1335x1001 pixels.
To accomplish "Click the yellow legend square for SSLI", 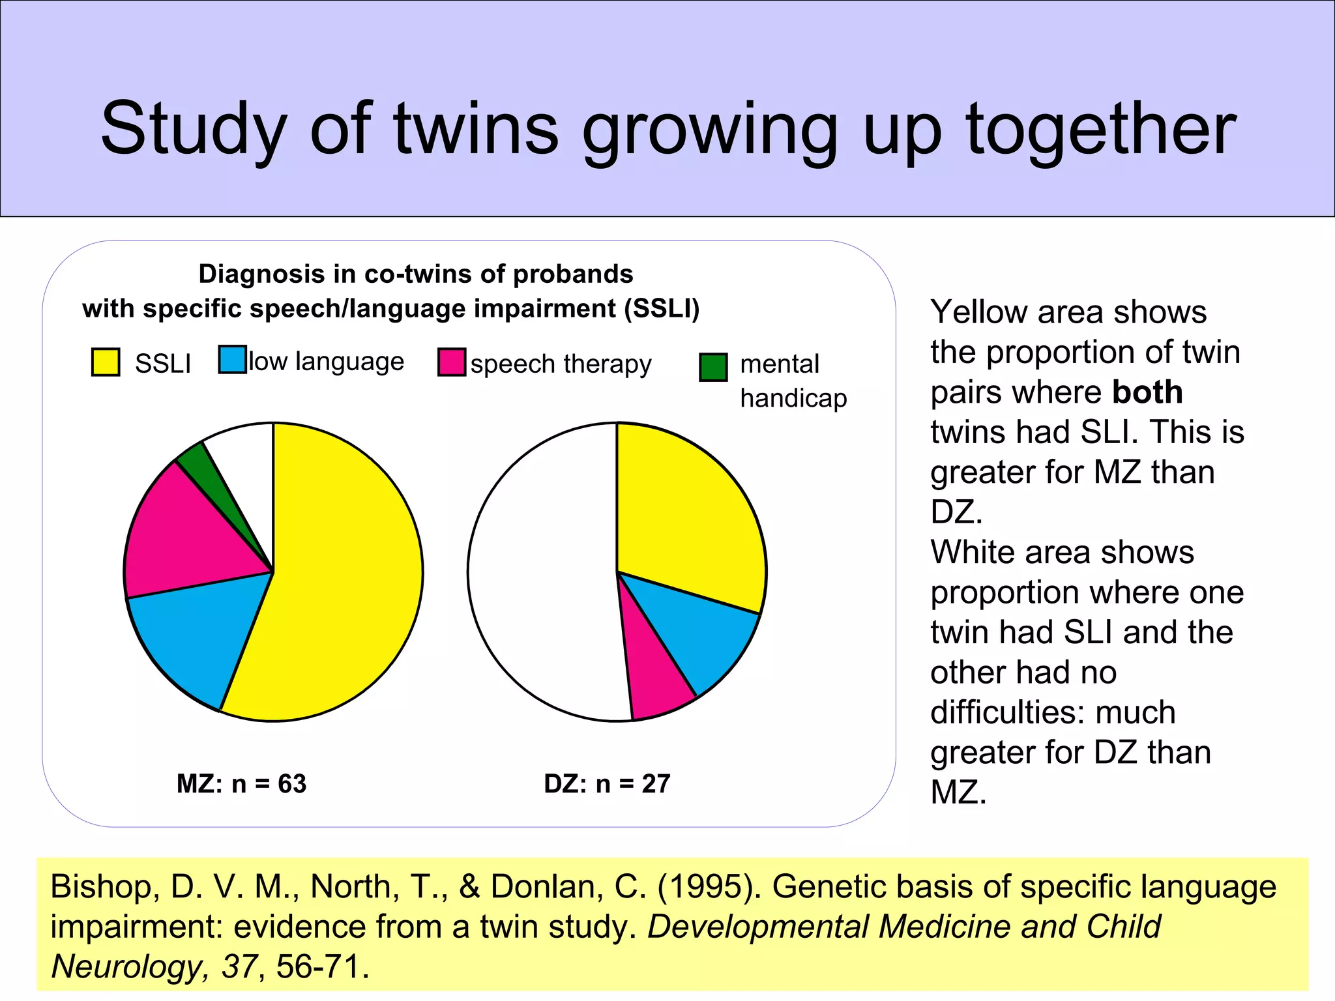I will (x=106, y=362).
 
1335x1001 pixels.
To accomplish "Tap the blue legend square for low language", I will (x=232, y=359).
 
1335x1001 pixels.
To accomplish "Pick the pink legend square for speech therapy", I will (x=452, y=362).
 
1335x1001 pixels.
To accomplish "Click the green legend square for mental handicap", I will (x=713, y=367).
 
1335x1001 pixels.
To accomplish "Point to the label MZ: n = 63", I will (x=241, y=783).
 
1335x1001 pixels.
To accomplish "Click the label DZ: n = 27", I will (x=607, y=783).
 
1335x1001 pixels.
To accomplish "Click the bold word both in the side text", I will (x=1147, y=392).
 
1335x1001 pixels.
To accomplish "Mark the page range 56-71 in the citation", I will (x=317, y=966).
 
